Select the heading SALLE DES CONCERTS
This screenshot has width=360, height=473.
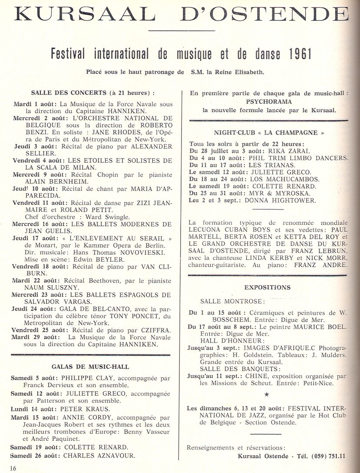tap(69, 92)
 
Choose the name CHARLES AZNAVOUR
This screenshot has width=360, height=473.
tap(99, 456)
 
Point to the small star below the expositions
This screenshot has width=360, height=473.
tap(267, 394)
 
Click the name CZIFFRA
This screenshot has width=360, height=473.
tap(156, 330)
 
